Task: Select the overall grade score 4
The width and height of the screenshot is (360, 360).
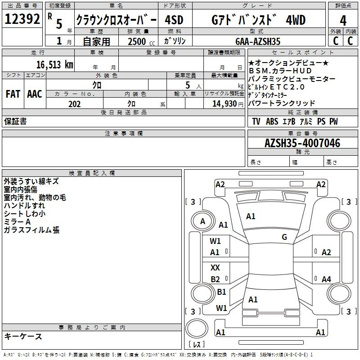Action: point(343,20)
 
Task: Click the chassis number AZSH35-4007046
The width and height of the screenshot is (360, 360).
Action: point(302,143)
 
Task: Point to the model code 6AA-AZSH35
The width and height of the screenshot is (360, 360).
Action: point(257,41)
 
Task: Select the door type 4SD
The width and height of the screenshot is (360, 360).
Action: point(174,20)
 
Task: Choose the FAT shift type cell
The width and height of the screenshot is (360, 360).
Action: point(13,94)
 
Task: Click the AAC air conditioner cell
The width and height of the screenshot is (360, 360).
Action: point(35,94)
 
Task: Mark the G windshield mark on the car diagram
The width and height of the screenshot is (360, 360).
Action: point(284,237)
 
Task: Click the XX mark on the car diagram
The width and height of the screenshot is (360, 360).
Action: point(215,267)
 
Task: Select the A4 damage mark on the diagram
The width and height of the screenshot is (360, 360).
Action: point(326,279)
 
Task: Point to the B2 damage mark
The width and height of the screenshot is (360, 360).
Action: point(215,279)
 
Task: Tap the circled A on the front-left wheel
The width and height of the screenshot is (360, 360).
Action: point(202,221)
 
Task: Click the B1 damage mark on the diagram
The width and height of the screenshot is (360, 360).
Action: point(221,292)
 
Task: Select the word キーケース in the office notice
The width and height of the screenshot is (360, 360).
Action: point(23,336)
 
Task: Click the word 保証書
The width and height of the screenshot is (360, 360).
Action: point(15,121)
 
